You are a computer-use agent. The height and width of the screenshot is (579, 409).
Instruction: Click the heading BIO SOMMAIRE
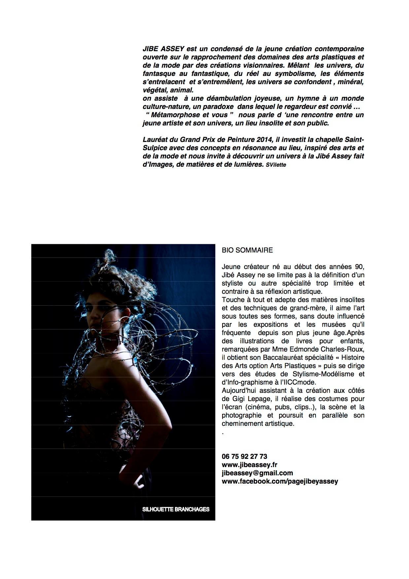pos(247,250)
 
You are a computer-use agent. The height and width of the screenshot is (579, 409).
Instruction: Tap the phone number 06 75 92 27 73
pos(245,457)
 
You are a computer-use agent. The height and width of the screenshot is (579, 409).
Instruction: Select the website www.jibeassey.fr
pos(250,465)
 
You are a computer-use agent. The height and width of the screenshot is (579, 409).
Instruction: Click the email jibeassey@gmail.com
pos(257,473)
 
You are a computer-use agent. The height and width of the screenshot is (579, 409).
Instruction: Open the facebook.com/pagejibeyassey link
pos(280,481)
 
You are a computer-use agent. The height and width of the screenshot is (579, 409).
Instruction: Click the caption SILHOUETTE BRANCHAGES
pos(176,509)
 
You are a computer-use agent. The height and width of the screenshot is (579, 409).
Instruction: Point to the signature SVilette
pos(276,165)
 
